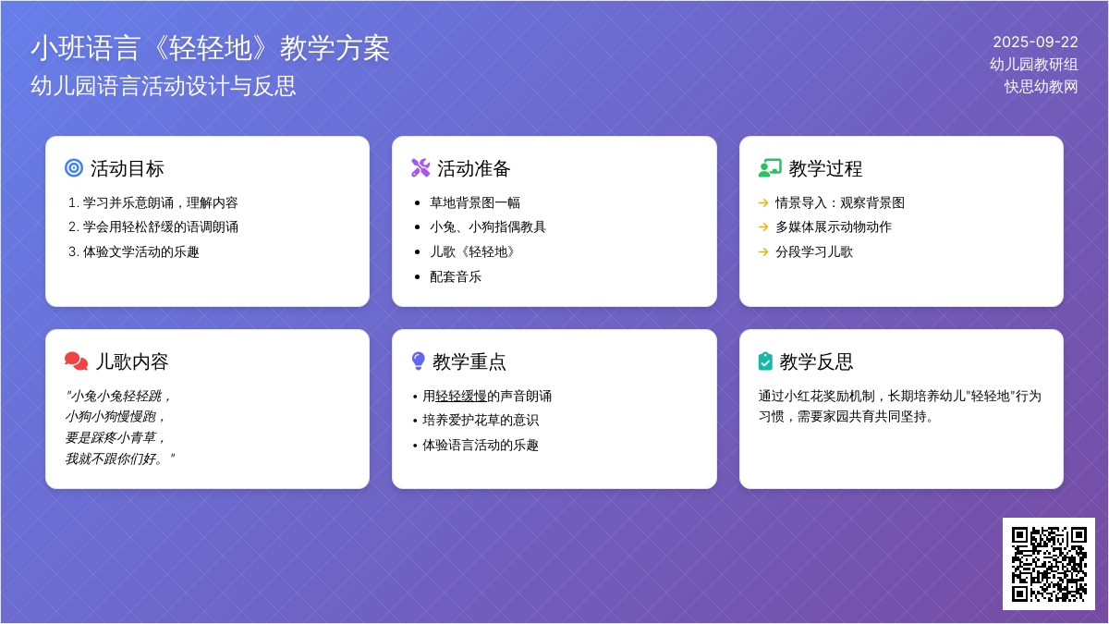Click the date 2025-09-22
click(x=1035, y=43)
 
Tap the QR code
click(x=1049, y=564)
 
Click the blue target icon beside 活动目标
click(x=74, y=168)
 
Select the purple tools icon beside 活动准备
click(x=420, y=168)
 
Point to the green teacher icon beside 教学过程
click(x=770, y=168)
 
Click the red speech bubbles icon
click(x=76, y=361)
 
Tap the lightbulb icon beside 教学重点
click(x=419, y=361)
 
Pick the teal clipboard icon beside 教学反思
click(x=765, y=361)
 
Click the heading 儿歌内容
click(x=131, y=361)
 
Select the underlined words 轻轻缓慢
click(x=461, y=397)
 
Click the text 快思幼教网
click(x=1041, y=87)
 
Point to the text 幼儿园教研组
click(x=1034, y=65)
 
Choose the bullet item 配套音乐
click(x=456, y=276)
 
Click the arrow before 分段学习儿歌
click(x=763, y=252)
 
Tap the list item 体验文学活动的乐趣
click(x=140, y=252)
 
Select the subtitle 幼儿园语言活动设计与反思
click(x=164, y=86)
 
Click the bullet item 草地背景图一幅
click(x=475, y=202)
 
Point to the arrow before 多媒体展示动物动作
click(x=763, y=227)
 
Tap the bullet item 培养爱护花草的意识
click(x=481, y=421)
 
